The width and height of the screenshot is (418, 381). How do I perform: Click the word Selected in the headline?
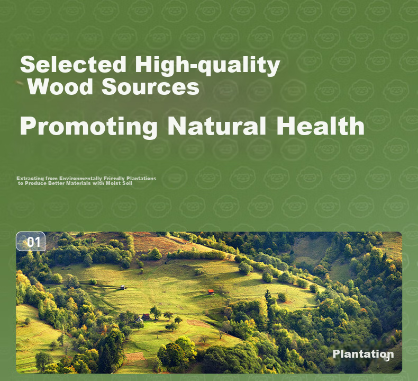tap(73, 64)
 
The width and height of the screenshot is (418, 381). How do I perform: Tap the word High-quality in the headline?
tap(207, 66)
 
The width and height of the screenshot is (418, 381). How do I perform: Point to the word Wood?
tap(60, 86)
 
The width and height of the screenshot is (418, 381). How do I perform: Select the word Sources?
tap(150, 86)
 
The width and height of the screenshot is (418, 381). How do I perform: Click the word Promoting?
tap(88, 127)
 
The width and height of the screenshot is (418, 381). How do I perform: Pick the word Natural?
tap(217, 126)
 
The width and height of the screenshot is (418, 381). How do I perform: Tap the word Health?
tap(320, 126)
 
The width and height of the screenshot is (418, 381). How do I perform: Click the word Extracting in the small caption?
tap(30, 179)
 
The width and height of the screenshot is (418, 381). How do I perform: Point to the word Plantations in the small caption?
tap(141, 179)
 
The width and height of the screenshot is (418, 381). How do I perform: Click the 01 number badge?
tap(31, 242)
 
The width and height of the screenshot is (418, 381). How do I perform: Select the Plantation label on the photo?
tap(363, 354)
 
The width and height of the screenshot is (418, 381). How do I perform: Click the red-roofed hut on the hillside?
tap(211, 291)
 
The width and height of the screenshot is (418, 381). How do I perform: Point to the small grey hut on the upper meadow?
tap(122, 287)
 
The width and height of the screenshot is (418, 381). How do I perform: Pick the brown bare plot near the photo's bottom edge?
tap(134, 356)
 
